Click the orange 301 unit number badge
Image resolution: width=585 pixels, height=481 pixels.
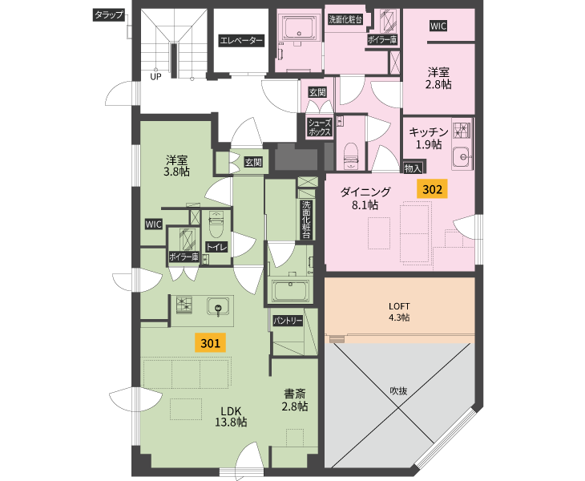pos(211,342)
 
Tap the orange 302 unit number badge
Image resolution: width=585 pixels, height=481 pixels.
pos(432,189)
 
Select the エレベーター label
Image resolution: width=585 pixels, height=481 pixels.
pos(241,40)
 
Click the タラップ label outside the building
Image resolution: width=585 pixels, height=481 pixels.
pos(108,15)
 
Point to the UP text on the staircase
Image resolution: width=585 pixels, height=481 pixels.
pos(155,76)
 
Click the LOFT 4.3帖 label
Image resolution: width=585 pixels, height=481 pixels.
pos(399,312)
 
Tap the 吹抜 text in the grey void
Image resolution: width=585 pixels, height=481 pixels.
pos(398,390)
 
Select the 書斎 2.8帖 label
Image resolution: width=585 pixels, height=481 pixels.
pos(295,400)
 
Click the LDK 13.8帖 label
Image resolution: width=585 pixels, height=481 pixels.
pos(231,416)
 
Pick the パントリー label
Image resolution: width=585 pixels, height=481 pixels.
pos(288,321)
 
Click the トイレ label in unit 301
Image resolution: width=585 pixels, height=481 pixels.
pos(216,247)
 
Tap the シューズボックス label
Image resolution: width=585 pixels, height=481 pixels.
pos(320,127)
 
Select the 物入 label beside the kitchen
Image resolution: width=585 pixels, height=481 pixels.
pos(413,168)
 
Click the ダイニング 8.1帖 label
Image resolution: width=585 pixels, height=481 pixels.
pos(365,198)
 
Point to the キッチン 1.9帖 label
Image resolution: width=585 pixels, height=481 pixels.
pos(429,138)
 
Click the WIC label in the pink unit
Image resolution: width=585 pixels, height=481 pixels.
pos(438,26)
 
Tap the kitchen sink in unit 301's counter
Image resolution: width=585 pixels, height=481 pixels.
pos(218,307)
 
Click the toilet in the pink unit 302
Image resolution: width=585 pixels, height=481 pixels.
pos(350,156)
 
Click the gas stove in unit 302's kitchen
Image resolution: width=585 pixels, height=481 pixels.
pos(461,129)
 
